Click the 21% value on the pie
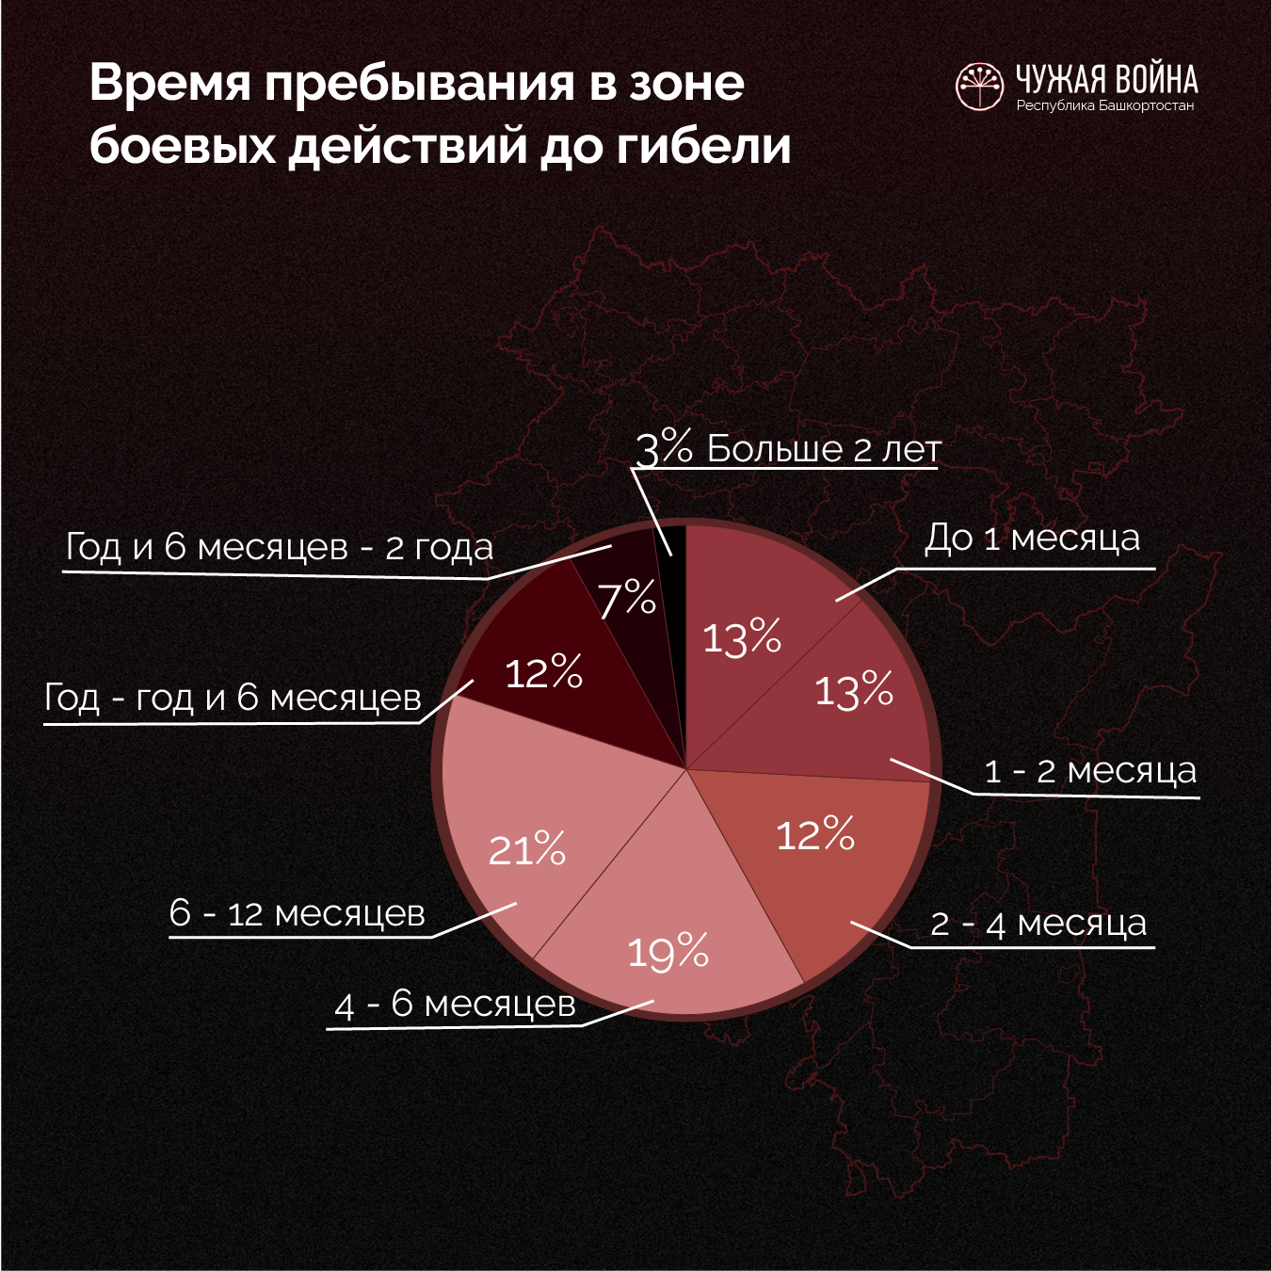click(x=527, y=850)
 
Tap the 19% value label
click(x=668, y=952)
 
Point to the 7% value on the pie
click(x=627, y=599)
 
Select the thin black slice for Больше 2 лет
click(x=672, y=555)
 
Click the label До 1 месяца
click(x=1032, y=539)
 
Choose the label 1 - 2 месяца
click(x=1090, y=771)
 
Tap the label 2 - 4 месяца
click(x=1038, y=924)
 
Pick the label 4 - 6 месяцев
click(x=455, y=1005)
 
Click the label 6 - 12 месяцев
click(x=298, y=913)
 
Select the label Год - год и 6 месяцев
click(x=233, y=698)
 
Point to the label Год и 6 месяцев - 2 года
click(x=280, y=547)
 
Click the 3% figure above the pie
click(x=664, y=449)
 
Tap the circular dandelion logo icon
click(x=979, y=88)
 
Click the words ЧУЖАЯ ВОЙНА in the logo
click(x=1106, y=79)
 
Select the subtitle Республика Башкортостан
click(x=1104, y=105)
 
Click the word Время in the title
click(x=170, y=83)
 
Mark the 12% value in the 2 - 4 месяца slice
click(x=815, y=835)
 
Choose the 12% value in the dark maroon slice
click(x=544, y=673)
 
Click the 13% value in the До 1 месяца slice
click(x=742, y=638)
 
